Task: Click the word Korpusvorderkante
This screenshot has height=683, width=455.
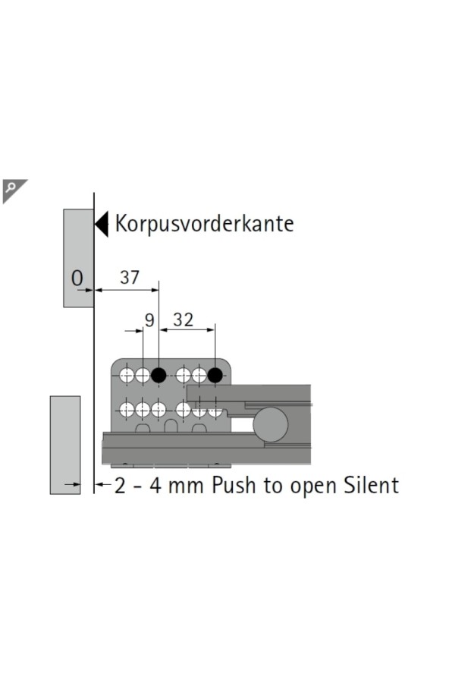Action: click(x=204, y=224)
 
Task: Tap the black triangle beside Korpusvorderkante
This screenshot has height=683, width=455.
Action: click(x=102, y=224)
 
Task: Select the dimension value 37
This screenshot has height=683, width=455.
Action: click(x=130, y=278)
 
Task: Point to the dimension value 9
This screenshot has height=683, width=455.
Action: click(x=149, y=320)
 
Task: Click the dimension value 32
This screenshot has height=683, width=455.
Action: click(x=184, y=319)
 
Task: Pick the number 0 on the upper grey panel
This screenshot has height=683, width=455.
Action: click(x=77, y=279)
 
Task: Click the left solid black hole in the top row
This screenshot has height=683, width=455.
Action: click(x=158, y=375)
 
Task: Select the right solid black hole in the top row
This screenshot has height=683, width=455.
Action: click(x=215, y=375)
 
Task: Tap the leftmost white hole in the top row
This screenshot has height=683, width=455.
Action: click(x=127, y=375)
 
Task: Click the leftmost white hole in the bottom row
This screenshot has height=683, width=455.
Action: click(x=127, y=410)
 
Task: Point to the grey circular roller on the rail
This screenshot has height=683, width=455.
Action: click(x=269, y=423)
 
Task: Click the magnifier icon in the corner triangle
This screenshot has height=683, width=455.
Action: click(x=11, y=187)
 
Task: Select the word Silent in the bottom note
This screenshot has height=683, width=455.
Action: click(x=373, y=486)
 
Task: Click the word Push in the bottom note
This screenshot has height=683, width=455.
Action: click(x=235, y=486)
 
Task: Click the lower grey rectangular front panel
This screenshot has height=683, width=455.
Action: click(x=65, y=445)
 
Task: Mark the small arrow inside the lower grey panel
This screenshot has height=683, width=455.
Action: click(x=73, y=483)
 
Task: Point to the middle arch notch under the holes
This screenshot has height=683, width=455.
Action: click(x=171, y=427)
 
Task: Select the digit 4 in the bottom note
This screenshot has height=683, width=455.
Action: click(x=155, y=486)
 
